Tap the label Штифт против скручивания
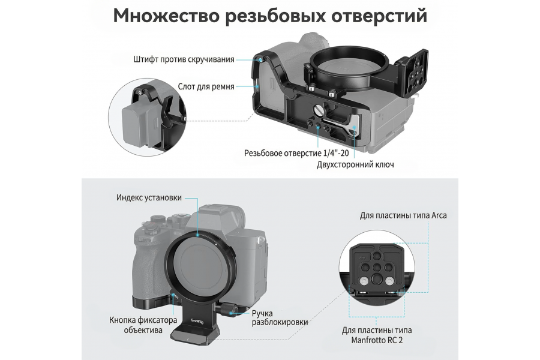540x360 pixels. coord(184,59)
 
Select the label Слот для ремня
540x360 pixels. coord(206,86)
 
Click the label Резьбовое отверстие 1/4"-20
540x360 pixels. coord(288,152)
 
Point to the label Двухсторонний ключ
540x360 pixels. coord(355,164)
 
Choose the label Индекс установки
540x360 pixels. coord(149,197)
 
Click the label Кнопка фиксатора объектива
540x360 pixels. coord(136,324)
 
